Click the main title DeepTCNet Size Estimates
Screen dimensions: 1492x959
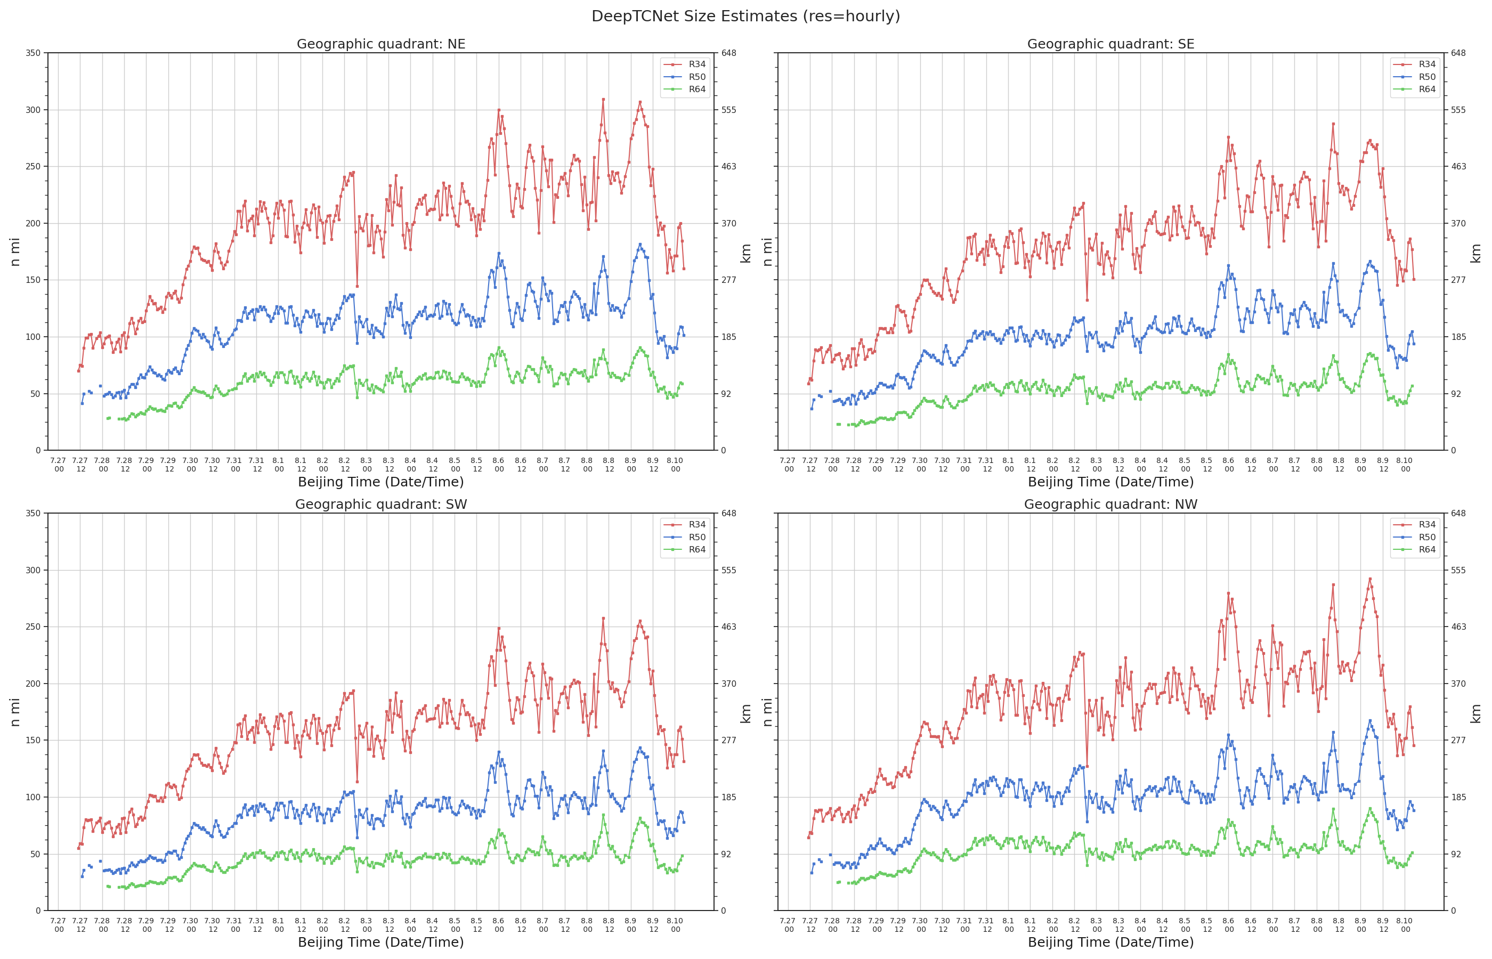745,16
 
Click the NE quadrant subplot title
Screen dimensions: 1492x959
380,44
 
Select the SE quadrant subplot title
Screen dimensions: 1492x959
1110,44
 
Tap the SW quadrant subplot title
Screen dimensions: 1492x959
380,505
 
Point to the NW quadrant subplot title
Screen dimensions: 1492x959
1110,505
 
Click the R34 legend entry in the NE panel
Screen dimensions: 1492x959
684,64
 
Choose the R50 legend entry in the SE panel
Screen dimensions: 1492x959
1414,77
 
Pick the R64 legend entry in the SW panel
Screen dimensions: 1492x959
684,550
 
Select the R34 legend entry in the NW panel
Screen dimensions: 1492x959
1414,524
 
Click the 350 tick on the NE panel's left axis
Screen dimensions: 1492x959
33,53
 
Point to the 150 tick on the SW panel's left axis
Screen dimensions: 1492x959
33,741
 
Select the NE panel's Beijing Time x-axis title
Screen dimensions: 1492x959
380,482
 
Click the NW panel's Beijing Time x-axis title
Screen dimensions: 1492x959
1110,942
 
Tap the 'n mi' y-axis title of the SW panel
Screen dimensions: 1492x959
15,712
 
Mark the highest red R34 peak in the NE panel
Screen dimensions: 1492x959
603,99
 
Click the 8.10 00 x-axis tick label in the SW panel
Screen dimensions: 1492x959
675,925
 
